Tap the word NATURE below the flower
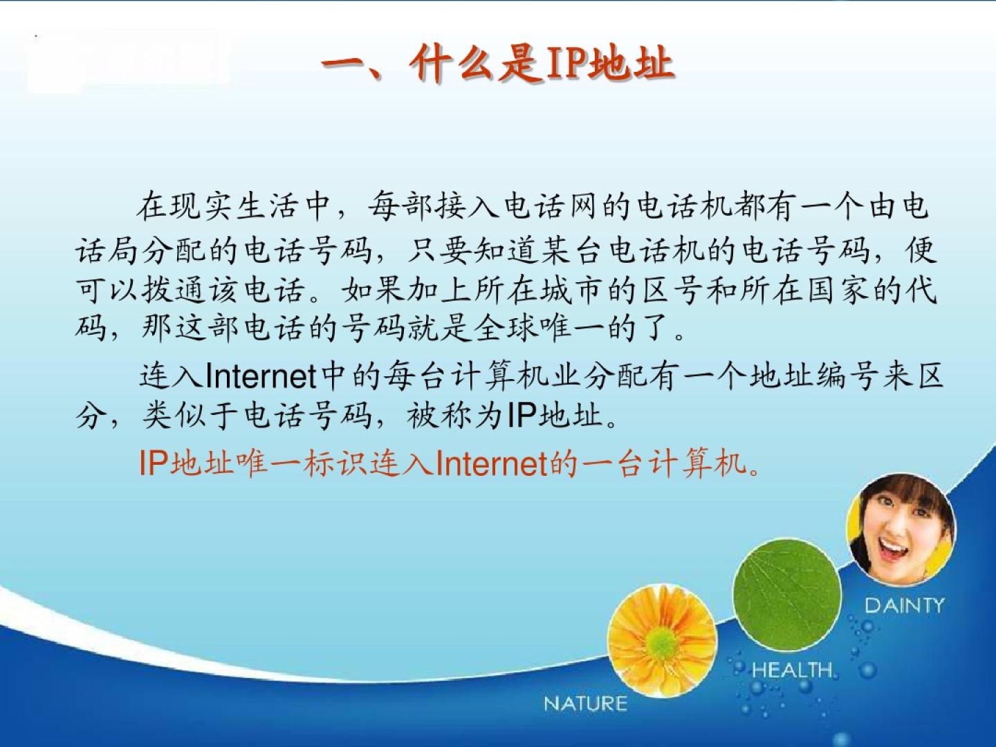(585, 703)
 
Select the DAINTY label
(904, 605)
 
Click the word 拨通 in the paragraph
(174, 290)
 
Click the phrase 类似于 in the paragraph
(191, 415)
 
